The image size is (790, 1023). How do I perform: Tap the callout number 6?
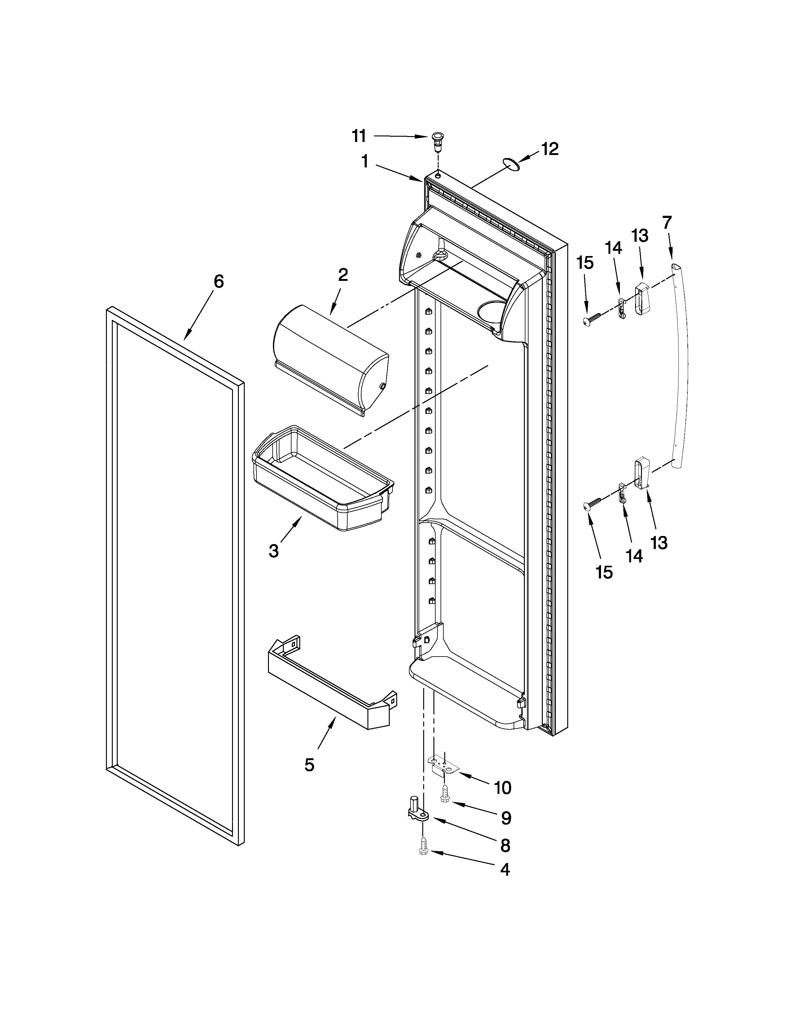coord(218,281)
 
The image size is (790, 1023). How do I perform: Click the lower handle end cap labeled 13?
coord(641,475)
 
